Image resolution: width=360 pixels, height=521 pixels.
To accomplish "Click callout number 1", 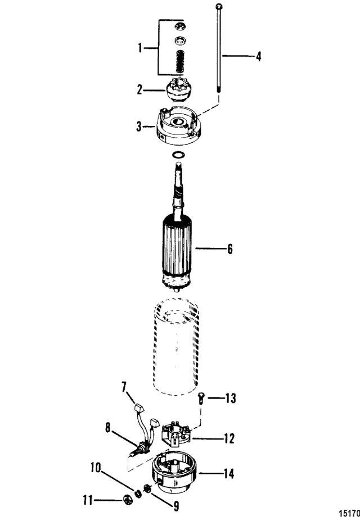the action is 140,48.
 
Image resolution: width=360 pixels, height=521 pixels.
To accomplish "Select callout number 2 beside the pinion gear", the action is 140,89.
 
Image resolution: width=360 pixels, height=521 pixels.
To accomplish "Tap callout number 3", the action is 139,126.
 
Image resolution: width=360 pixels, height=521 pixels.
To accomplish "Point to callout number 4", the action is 258,56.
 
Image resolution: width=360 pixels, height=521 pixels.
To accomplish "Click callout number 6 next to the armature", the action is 229,249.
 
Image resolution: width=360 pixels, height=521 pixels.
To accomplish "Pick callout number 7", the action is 124,387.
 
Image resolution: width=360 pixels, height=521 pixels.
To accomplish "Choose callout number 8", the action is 107,428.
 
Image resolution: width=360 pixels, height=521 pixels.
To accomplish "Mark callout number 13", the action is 231,398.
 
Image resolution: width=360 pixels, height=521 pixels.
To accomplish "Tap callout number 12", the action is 229,438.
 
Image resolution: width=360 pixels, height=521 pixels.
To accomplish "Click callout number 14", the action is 229,473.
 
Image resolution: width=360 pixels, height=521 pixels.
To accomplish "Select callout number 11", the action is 88,500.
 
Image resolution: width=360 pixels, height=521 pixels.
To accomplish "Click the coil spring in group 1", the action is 180,61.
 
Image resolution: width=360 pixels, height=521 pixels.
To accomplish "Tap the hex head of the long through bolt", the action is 218,6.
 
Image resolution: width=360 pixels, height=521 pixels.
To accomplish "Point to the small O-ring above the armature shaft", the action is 178,155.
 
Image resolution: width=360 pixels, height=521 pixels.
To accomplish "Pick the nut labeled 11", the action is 127,499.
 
